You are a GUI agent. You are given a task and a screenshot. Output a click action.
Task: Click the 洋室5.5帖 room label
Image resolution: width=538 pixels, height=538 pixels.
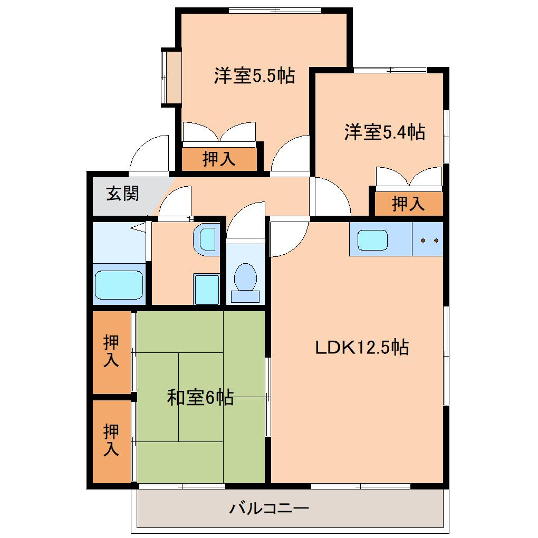pyautogui.click(x=254, y=76)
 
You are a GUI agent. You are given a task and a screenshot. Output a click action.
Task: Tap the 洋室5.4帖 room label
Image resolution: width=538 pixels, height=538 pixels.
pyautogui.click(x=385, y=132)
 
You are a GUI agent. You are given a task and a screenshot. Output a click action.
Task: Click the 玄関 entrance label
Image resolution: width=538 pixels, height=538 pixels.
pyautogui.click(x=122, y=194)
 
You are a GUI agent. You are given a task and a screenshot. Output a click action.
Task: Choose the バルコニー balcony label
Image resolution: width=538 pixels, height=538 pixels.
pyautogui.click(x=269, y=509)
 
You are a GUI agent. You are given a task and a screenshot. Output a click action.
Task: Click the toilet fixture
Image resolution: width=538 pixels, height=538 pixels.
pyautogui.click(x=245, y=280)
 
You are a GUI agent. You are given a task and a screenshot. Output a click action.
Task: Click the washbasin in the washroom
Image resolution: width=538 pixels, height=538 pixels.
pyautogui.click(x=206, y=239)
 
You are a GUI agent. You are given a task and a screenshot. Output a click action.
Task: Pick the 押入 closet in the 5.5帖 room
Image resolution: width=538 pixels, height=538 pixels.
pyautogui.click(x=219, y=159)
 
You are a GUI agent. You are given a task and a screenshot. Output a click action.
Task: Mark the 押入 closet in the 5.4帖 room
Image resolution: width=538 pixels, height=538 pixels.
pyautogui.click(x=408, y=204)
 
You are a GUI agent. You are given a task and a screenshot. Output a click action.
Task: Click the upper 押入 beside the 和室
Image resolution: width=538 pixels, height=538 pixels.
pyautogui.click(x=111, y=351)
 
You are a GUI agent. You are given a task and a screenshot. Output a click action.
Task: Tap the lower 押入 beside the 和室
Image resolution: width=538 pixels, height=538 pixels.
pyautogui.click(x=111, y=440)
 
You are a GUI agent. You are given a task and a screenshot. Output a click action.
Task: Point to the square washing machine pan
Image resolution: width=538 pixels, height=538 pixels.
pyautogui.click(x=206, y=289)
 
